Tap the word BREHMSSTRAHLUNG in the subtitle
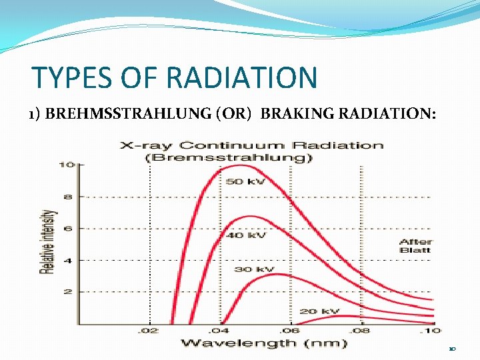(137, 115)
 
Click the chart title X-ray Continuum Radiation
(251, 145)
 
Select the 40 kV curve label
(247, 235)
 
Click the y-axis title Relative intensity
(48, 242)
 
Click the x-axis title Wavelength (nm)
(264, 343)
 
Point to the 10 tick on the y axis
(67, 165)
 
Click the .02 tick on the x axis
(149, 330)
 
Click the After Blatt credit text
(415, 245)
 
